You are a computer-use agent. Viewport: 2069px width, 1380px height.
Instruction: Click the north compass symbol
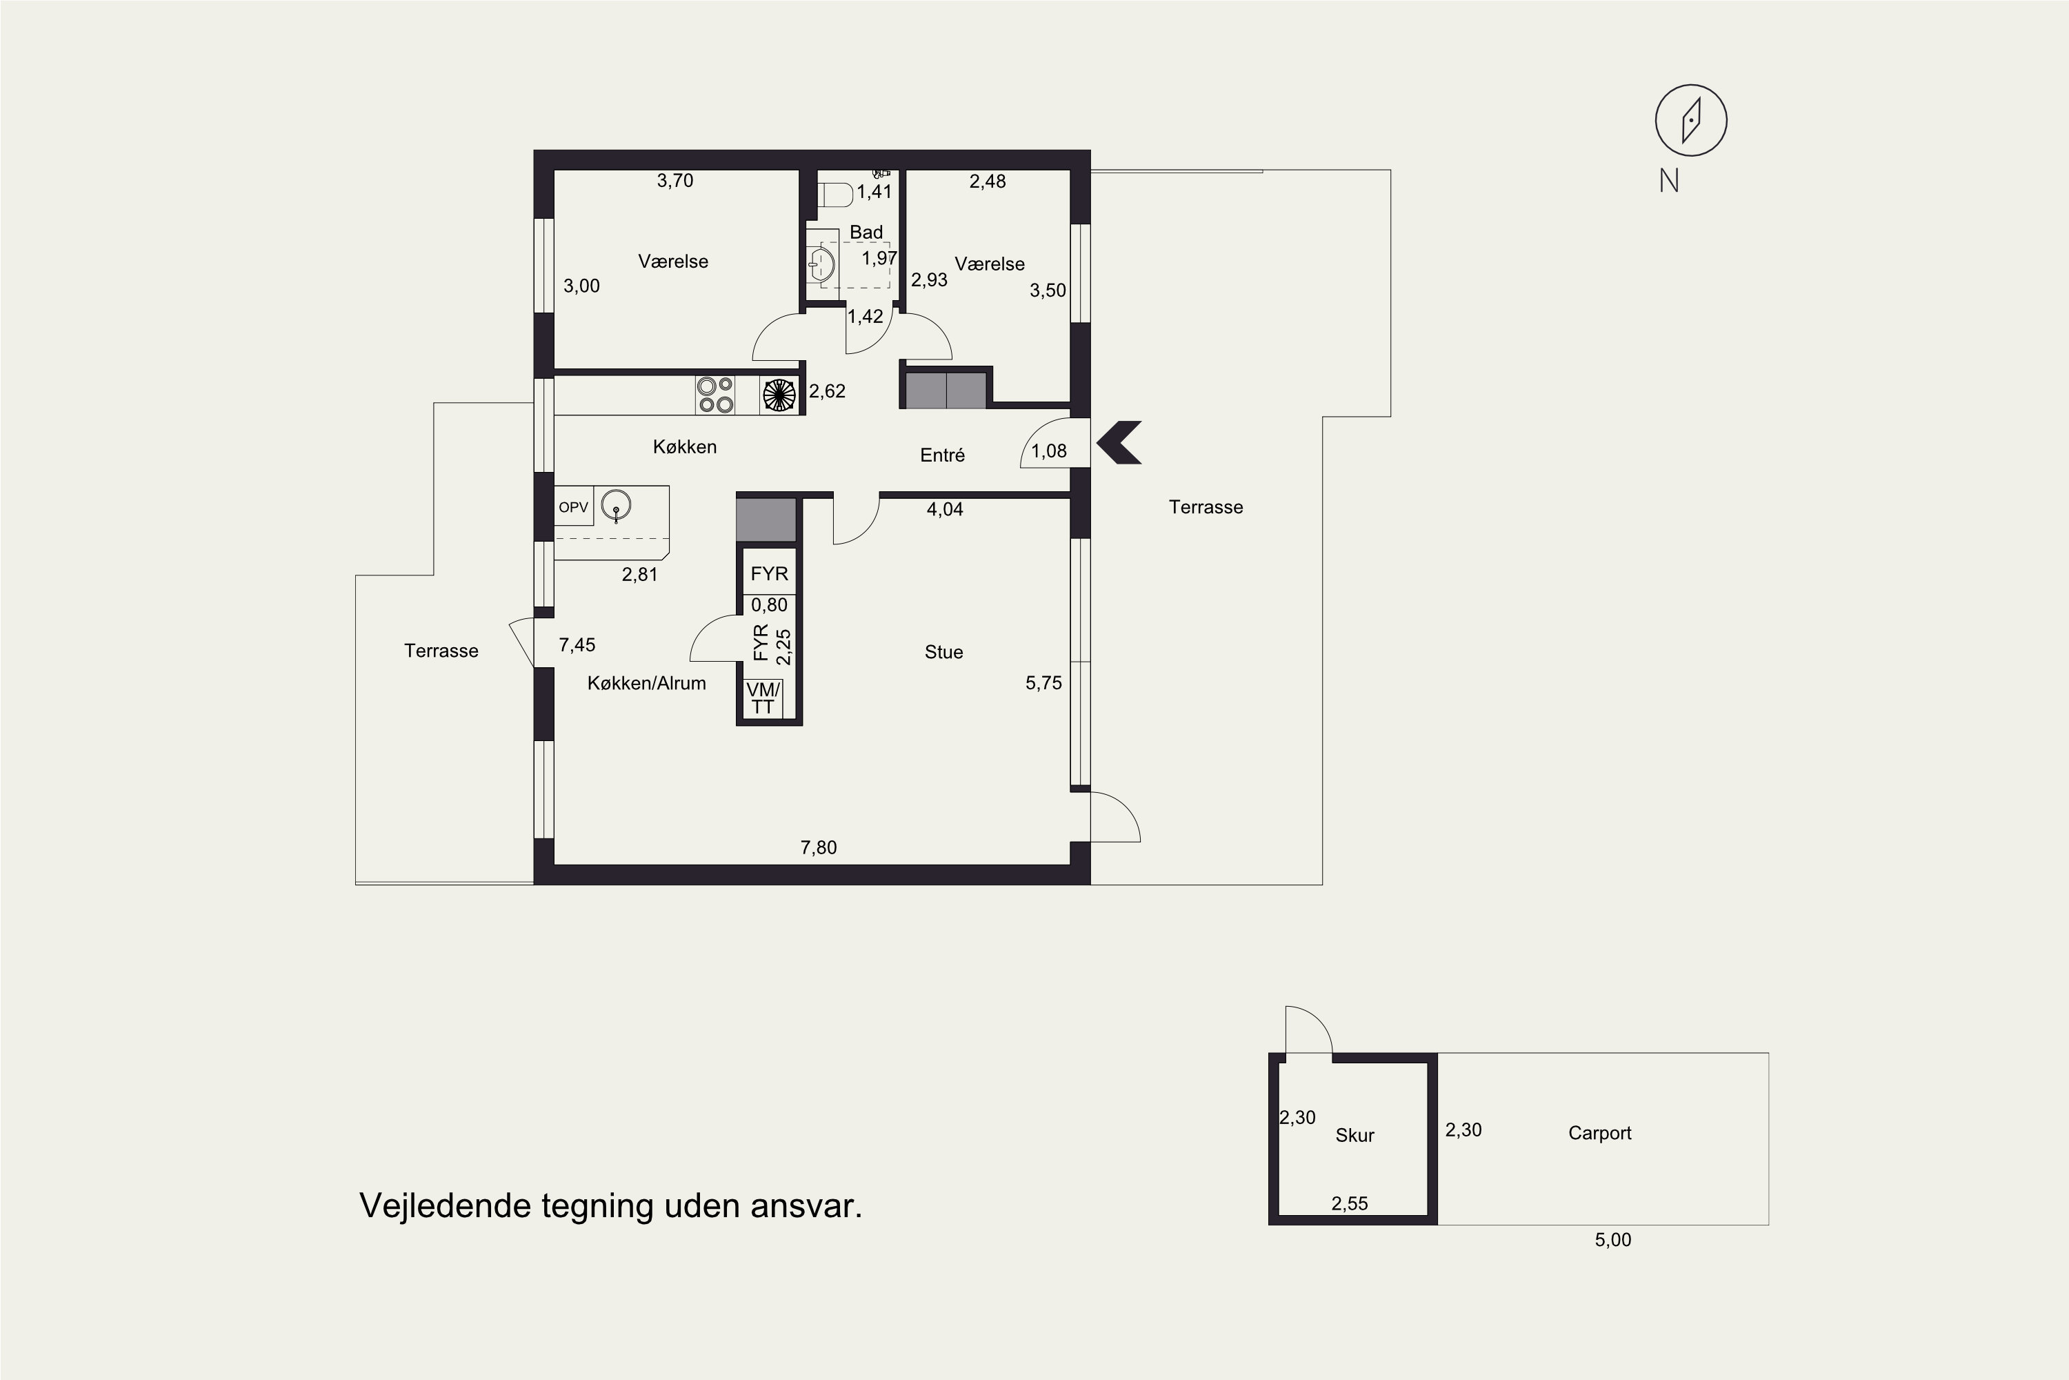tap(1691, 121)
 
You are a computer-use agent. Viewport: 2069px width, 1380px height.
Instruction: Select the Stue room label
tap(944, 652)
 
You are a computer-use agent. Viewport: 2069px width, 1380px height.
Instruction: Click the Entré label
tap(942, 455)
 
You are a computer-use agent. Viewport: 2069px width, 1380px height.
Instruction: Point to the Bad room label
tap(866, 233)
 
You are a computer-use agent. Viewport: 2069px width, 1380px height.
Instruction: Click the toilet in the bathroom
tap(834, 195)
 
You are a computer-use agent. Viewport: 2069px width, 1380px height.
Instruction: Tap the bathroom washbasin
tap(821, 262)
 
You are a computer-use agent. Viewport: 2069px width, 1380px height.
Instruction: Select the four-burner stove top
tap(715, 395)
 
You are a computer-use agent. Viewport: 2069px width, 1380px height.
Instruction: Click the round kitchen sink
tap(616, 506)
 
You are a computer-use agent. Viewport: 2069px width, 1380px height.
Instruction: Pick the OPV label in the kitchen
tap(574, 508)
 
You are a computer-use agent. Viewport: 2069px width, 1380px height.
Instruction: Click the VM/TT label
tap(763, 698)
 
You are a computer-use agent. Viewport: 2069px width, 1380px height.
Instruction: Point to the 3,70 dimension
tap(674, 180)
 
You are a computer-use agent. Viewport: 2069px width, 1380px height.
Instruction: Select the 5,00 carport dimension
tap(1612, 1240)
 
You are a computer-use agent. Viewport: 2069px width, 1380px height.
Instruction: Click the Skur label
tap(1355, 1135)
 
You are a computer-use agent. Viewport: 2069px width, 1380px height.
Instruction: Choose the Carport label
tap(1599, 1134)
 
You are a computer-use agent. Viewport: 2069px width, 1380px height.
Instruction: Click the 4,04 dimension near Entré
tap(945, 510)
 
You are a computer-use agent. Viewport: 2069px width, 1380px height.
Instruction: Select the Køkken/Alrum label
tap(647, 683)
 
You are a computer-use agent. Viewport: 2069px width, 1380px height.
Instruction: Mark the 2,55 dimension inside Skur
tap(1350, 1204)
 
